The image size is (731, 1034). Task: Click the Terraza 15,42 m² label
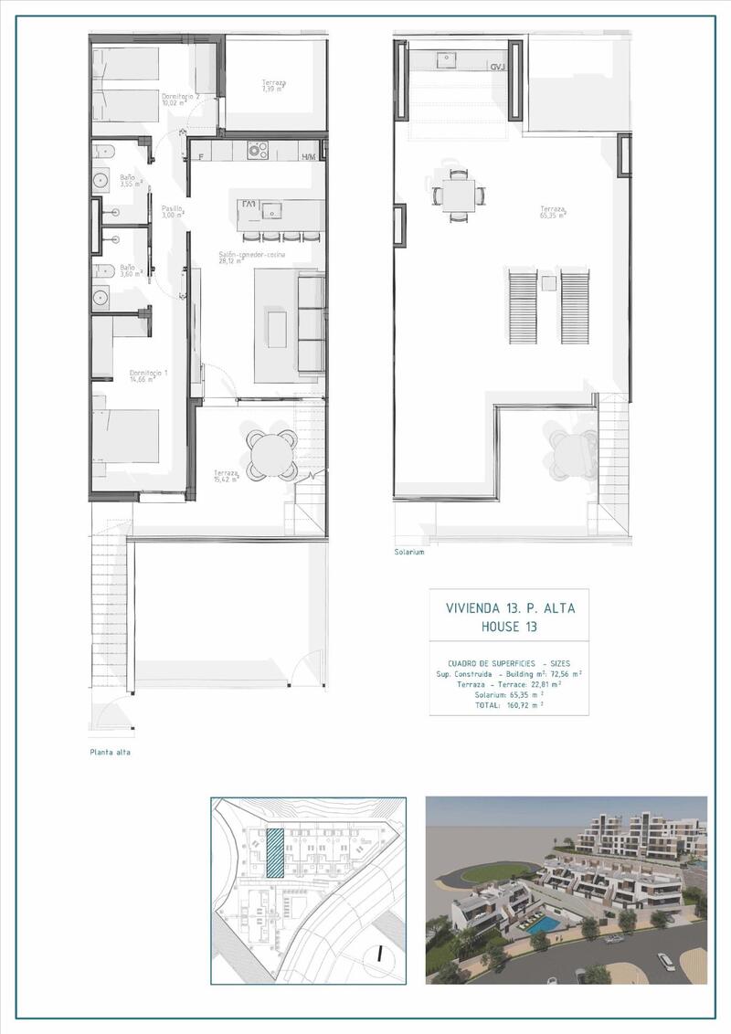coord(225,475)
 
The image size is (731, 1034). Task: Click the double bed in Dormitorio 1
coord(126,438)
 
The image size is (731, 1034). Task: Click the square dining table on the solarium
coord(454,194)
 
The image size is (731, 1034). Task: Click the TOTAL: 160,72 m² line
coord(510,704)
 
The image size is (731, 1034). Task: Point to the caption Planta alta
coord(110,753)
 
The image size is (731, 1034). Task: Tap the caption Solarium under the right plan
coord(410,552)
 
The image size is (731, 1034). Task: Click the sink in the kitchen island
coord(271,211)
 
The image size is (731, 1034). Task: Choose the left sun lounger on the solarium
coord(522,303)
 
